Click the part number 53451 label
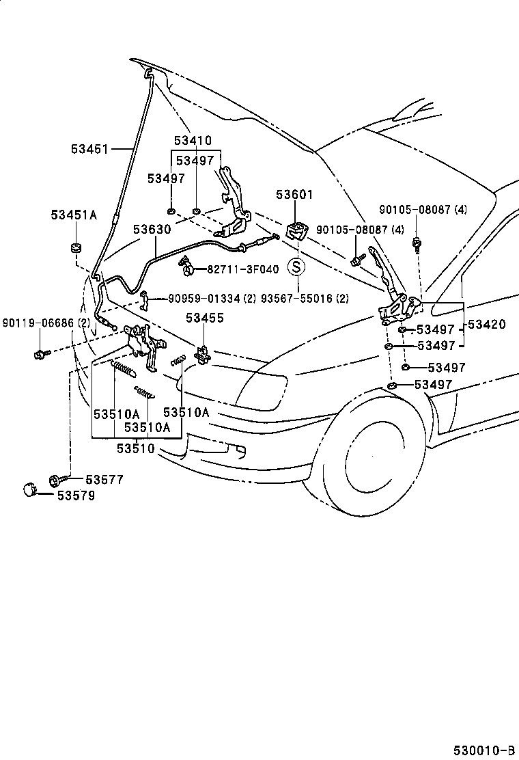(90, 149)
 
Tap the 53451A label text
(74, 215)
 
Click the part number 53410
(193, 141)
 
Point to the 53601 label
(295, 195)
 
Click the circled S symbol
(296, 266)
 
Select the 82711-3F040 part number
(243, 269)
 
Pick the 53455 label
(206, 318)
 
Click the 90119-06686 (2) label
(46, 323)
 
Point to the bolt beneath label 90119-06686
(40, 354)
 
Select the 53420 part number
(486, 324)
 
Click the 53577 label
(104, 480)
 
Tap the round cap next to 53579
(29, 489)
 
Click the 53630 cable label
(152, 229)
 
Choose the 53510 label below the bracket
(136, 449)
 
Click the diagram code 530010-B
(484, 750)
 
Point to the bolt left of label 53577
(54, 480)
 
